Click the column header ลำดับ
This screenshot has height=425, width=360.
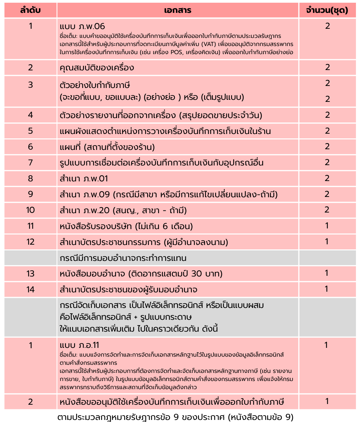[30, 10]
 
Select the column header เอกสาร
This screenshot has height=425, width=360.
[178, 10]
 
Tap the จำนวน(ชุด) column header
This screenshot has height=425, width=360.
[327, 10]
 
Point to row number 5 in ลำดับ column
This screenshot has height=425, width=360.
[30, 131]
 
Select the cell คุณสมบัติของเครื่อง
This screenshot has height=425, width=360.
[97, 67]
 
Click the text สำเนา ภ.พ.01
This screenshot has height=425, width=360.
[84, 178]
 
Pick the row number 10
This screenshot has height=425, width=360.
[30, 210]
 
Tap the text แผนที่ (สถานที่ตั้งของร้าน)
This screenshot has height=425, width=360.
[107, 147]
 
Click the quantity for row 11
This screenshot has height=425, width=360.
[327, 226]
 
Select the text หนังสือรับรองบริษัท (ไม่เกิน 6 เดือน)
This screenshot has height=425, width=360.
[126, 226]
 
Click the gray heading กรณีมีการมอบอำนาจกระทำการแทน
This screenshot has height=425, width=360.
[123, 258]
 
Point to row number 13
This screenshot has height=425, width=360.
[30, 273]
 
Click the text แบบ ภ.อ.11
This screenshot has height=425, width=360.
[79, 345]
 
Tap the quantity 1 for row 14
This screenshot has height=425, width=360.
[327, 289]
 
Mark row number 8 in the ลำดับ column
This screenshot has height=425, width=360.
[30, 178]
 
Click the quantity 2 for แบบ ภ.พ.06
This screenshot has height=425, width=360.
[327, 26]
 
